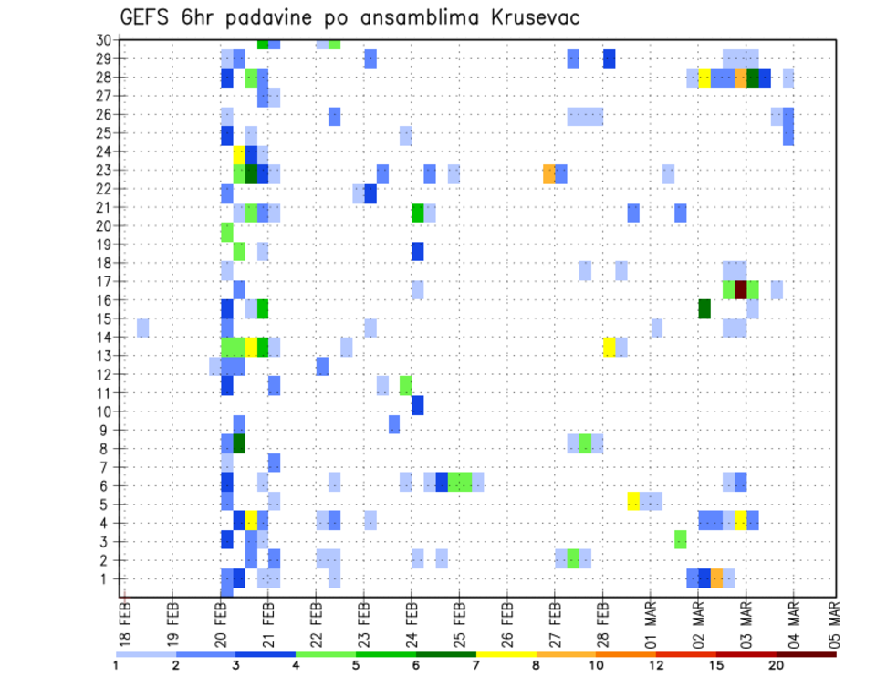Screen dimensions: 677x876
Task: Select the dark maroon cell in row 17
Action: (741, 289)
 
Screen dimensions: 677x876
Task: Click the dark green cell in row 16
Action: (704, 308)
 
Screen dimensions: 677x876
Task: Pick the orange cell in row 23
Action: (548, 173)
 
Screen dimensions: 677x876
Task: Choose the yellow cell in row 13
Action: (609, 346)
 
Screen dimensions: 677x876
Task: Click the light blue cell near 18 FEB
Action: (143, 327)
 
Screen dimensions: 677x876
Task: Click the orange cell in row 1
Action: (716, 578)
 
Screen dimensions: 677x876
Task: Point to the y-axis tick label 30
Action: (103, 39)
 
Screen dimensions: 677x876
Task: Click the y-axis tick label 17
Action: (103, 282)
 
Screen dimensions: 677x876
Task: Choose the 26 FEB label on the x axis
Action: (507, 623)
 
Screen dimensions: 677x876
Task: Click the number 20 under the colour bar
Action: (776, 665)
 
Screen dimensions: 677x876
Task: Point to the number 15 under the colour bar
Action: (715, 665)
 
